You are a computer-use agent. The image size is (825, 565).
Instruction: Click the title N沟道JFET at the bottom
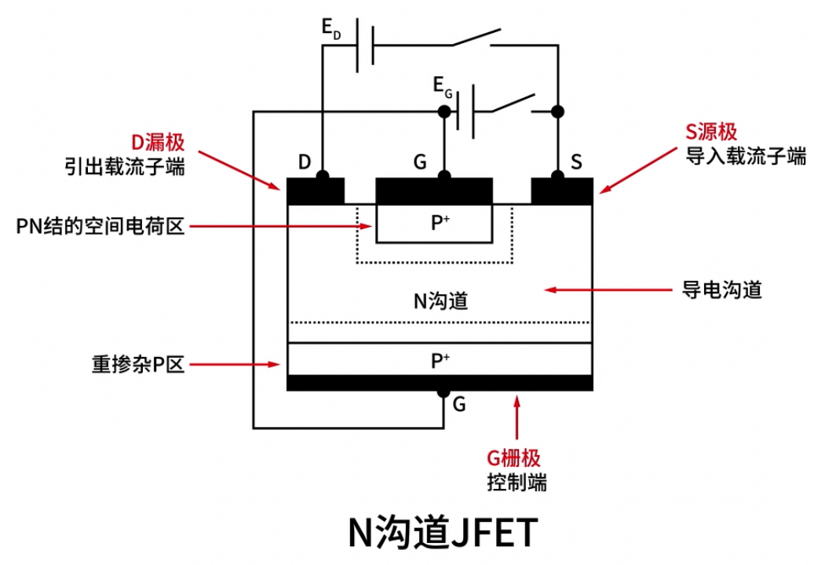click(x=444, y=533)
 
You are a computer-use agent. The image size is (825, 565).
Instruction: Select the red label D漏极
click(x=157, y=143)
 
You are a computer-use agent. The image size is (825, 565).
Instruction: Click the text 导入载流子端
click(x=746, y=156)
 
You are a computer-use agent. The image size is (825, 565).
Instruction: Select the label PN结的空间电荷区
click(x=100, y=227)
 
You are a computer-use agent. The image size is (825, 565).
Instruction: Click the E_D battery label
click(x=330, y=29)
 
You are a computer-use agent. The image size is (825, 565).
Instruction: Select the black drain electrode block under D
click(x=316, y=191)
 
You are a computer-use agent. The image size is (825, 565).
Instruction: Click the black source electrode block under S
click(x=562, y=191)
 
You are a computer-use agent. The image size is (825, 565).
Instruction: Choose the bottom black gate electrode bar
click(x=440, y=382)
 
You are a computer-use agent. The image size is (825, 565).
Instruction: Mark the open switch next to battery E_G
click(x=514, y=104)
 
